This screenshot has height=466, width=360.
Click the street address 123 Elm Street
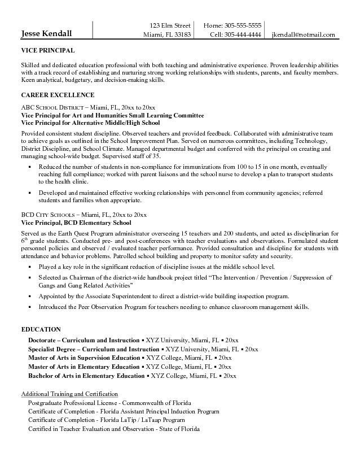tap(170, 25)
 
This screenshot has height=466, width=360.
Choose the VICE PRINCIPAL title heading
tap(47, 51)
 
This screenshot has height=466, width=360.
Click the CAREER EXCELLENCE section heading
tap(58, 95)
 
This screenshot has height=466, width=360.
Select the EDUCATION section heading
tap(41, 329)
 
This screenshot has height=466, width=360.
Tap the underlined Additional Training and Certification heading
tap(69, 393)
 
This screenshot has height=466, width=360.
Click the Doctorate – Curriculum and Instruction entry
tap(84, 341)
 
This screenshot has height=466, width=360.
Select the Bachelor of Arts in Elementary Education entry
tap(86, 376)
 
